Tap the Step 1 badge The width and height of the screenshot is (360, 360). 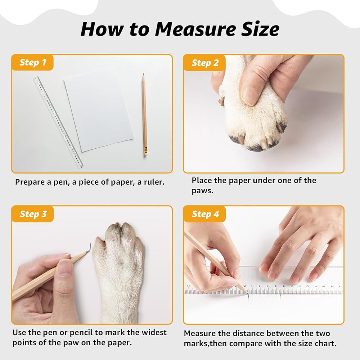tap(33, 62)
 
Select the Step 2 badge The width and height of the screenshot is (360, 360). tap(204, 63)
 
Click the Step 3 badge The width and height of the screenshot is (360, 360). tap(33, 214)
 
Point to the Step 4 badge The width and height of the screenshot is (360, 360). tap(205, 214)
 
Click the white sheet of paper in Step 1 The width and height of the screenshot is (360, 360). tap(99, 110)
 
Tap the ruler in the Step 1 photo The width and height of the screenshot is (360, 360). tap(58, 123)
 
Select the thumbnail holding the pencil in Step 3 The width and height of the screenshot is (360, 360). tap(65, 267)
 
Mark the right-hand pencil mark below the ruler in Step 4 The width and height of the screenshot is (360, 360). tap(280, 297)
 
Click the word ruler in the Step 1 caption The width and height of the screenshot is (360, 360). tap(154, 182)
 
